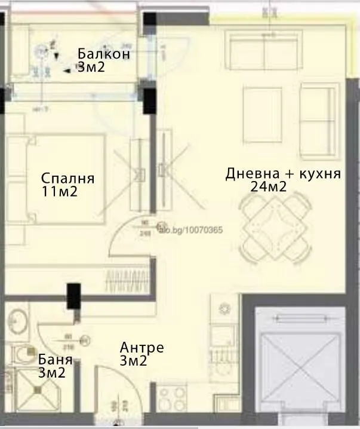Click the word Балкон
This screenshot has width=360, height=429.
pos(104,54)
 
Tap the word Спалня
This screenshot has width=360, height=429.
pos(68,178)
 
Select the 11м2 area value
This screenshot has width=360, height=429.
pos(60,192)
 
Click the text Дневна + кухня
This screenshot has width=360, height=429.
pos(283,174)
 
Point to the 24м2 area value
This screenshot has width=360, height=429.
pos(269,187)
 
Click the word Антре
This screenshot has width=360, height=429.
pos(141,348)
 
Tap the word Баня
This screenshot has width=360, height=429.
pos(55,360)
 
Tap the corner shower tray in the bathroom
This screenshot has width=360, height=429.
pos(36,389)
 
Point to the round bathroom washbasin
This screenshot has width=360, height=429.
pos(18,323)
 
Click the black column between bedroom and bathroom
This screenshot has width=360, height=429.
pos(74,296)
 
